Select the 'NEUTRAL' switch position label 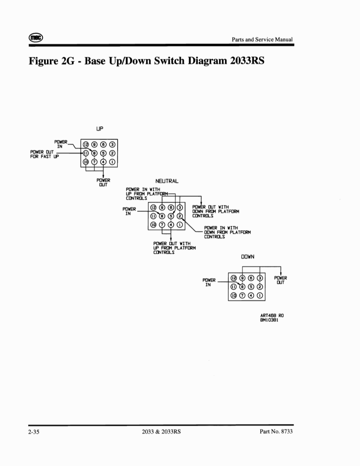pyautogui.click(x=167, y=181)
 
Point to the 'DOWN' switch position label pyautogui.click(x=248, y=257)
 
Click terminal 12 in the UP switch pyautogui.click(x=86, y=144)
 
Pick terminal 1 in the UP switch pyautogui.click(x=113, y=162)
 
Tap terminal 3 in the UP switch pyautogui.click(x=113, y=144)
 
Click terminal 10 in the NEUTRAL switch pyautogui.click(x=153, y=225)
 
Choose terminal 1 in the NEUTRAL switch pyautogui.click(x=180, y=225)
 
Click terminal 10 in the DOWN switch pyautogui.click(x=234, y=296)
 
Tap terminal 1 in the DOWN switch pyautogui.click(x=260, y=296)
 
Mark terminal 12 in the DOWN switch pyautogui.click(x=234, y=278)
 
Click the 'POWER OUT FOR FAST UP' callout pyautogui.click(x=44, y=155)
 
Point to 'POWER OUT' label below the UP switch pyautogui.click(x=103, y=182)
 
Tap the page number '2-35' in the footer pyautogui.click(x=34, y=432)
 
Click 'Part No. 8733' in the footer pyautogui.click(x=276, y=432)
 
